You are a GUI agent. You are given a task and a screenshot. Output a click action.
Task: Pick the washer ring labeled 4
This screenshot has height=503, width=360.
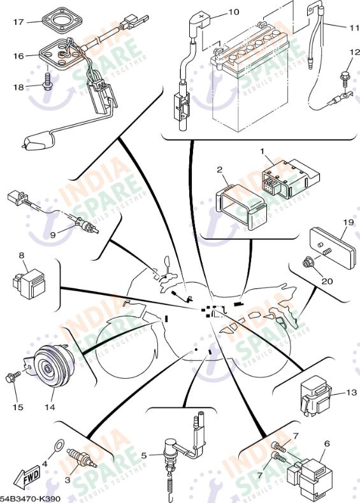tap(59, 444)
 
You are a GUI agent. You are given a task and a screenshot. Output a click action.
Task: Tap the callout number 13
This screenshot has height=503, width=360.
tap(351, 392)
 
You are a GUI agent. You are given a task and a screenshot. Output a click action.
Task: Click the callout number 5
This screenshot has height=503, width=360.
tap(144, 455)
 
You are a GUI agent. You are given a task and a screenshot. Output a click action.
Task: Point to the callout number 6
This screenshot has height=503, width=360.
tap(327, 444)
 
